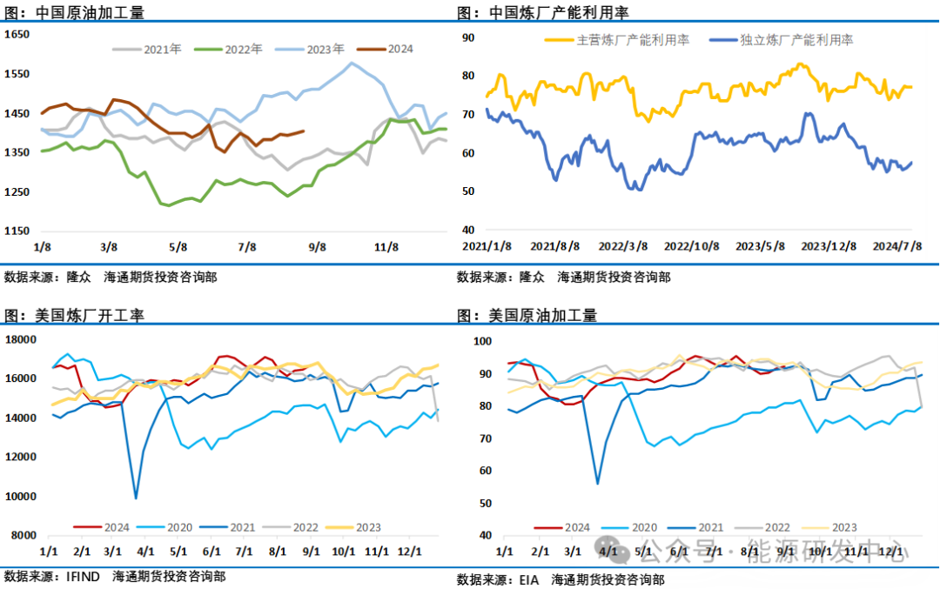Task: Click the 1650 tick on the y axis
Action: coord(17,34)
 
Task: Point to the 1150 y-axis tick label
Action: coord(17,231)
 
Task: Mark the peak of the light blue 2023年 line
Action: coord(352,63)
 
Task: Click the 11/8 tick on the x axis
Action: coord(386,247)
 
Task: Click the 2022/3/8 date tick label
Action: coord(623,247)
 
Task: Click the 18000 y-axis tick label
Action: coord(21,339)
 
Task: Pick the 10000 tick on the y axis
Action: coord(21,496)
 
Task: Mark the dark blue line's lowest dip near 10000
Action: coord(136,498)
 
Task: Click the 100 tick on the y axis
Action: coord(480,340)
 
